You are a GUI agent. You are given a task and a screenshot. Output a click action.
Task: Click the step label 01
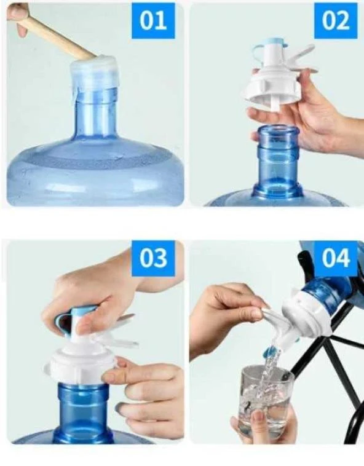[153, 21]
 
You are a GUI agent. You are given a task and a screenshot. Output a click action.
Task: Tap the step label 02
[336, 21]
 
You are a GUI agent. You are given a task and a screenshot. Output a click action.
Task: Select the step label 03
[153, 258]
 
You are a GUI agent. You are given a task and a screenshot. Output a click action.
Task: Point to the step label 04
[336, 258]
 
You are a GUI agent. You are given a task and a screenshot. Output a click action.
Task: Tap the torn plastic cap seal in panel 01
[95, 74]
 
